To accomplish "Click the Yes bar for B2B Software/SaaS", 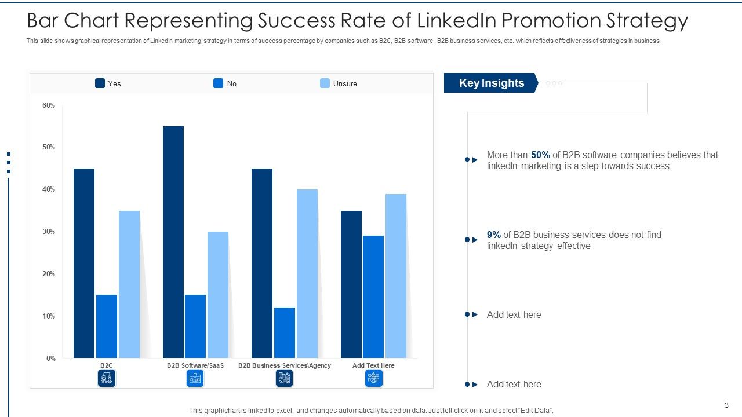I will [173, 242].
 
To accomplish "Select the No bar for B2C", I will [107, 326].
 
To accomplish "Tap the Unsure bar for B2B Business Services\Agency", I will [307, 273].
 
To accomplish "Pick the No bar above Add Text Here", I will [373, 297].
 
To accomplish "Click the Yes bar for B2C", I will [84, 263].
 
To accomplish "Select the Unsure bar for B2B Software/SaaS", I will [218, 294].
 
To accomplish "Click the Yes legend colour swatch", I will [100, 83].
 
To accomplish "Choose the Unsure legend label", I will [345, 84].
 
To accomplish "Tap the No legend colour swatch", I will [219, 83].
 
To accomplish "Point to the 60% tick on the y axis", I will [49, 105].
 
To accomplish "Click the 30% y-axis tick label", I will [49, 232].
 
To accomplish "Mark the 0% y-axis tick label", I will [50, 359].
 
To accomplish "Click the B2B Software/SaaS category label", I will [195, 365].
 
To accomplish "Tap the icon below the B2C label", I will [107, 378].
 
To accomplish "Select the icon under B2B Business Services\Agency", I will [284, 378].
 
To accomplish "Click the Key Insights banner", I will [491, 83].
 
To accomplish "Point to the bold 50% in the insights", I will [540, 155].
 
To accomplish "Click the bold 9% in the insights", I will [494, 235].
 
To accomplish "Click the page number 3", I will [726, 405].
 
